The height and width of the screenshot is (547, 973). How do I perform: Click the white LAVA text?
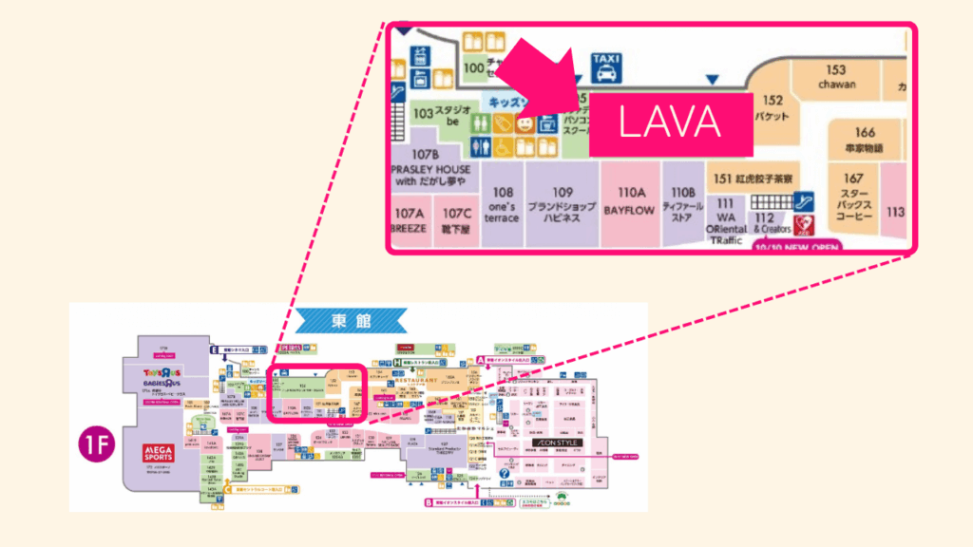671,123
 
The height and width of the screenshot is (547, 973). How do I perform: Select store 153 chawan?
836,77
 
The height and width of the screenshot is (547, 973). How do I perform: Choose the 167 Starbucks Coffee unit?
853,198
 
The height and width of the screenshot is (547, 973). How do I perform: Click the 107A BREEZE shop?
409,221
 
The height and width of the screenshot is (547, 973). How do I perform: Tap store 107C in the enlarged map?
456,221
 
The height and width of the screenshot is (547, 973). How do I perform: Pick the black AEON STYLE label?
555,443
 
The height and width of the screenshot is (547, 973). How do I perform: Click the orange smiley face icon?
525,124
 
